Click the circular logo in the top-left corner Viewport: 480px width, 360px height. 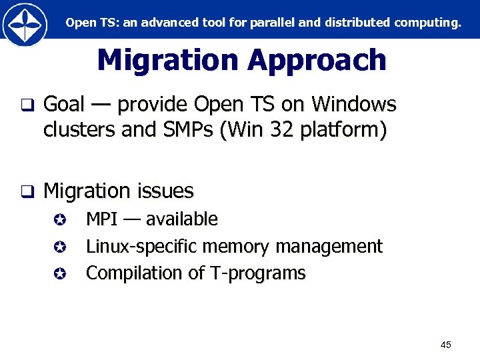(25, 24)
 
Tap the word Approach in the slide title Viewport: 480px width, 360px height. (317, 61)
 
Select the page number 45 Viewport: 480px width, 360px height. (446, 345)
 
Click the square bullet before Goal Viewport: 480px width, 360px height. (26, 105)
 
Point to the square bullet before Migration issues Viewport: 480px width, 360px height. (26, 193)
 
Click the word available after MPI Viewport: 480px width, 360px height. (181, 219)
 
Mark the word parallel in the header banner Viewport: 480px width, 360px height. (274, 23)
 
